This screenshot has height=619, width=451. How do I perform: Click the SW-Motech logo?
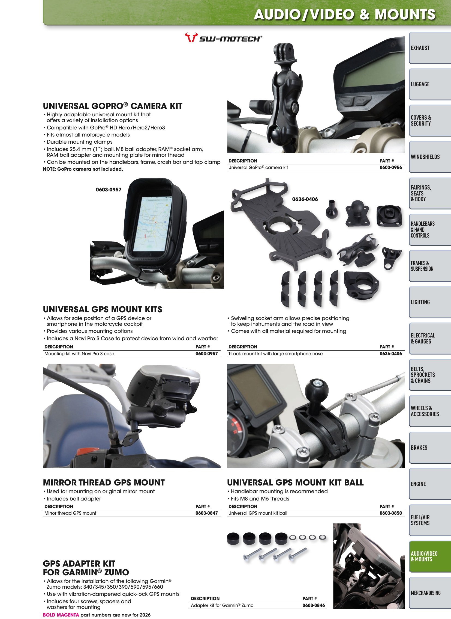[x=223, y=37]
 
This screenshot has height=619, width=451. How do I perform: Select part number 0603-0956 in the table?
[x=391, y=167]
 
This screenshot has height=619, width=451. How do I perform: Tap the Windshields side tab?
[x=430, y=157]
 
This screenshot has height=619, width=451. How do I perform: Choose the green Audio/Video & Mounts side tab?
[x=430, y=556]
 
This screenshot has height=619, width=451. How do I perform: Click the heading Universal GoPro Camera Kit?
[x=112, y=106]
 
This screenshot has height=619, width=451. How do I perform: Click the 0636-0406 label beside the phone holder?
[x=305, y=199]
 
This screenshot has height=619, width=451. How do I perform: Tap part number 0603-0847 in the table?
[x=206, y=513]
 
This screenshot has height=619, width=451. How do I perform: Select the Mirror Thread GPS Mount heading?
[x=104, y=482]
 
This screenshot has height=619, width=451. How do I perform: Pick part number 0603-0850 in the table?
[x=391, y=513]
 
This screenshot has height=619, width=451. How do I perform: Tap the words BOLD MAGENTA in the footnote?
[x=61, y=615]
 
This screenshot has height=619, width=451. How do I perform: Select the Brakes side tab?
[x=430, y=448]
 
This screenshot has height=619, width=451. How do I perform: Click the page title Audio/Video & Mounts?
[x=345, y=14]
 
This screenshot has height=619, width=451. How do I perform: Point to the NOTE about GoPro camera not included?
[x=83, y=169]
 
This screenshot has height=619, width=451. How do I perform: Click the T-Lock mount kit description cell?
[x=275, y=354]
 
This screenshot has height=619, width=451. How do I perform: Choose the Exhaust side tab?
[x=430, y=48]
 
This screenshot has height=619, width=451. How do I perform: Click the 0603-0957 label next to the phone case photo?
[x=108, y=190]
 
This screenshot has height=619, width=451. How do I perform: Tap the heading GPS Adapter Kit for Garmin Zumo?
[x=86, y=568]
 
